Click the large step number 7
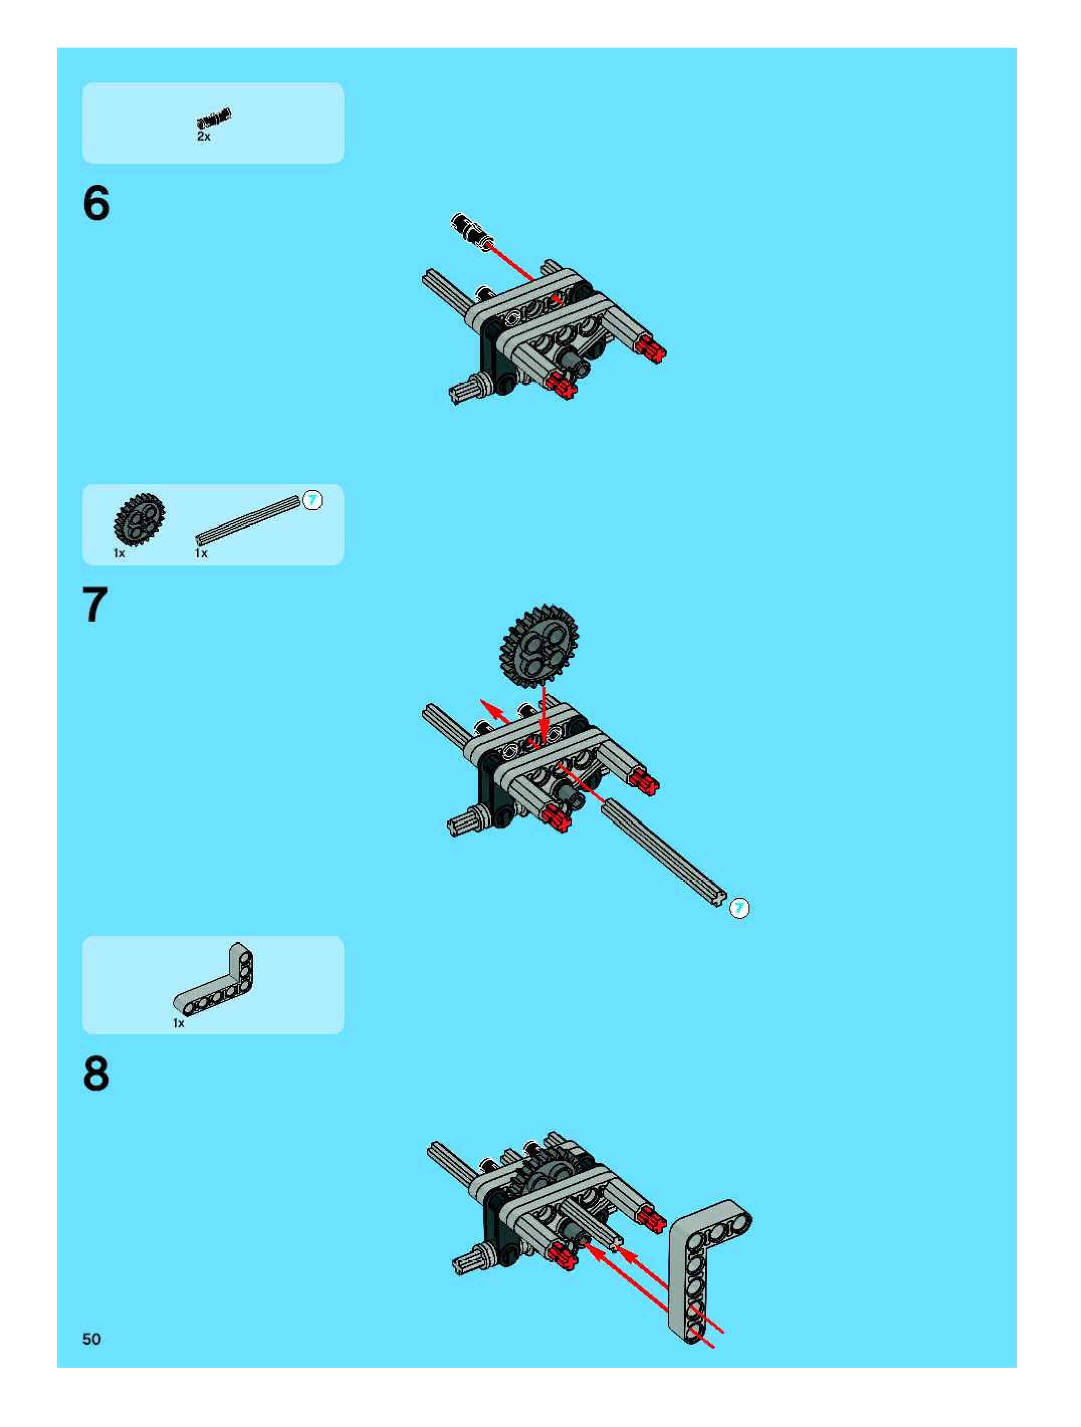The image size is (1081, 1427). pyautogui.click(x=95, y=605)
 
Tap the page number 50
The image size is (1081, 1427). pyautogui.click(x=91, y=1339)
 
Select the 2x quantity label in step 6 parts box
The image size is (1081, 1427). pyautogui.click(x=203, y=137)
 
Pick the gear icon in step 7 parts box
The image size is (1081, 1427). pyautogui.click(x=140, y=519)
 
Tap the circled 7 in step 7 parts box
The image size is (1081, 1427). pyautogui.click(x=312, y=500)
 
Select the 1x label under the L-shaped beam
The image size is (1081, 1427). pyautogui.click(x=179, y=1023)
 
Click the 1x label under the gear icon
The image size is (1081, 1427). pyautogui.click(x=120, y=553)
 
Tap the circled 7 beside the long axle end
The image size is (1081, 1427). pyautogui.click(x=739, y=908)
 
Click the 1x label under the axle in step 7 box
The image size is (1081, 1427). pyautogui.click(x=201, y=553)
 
